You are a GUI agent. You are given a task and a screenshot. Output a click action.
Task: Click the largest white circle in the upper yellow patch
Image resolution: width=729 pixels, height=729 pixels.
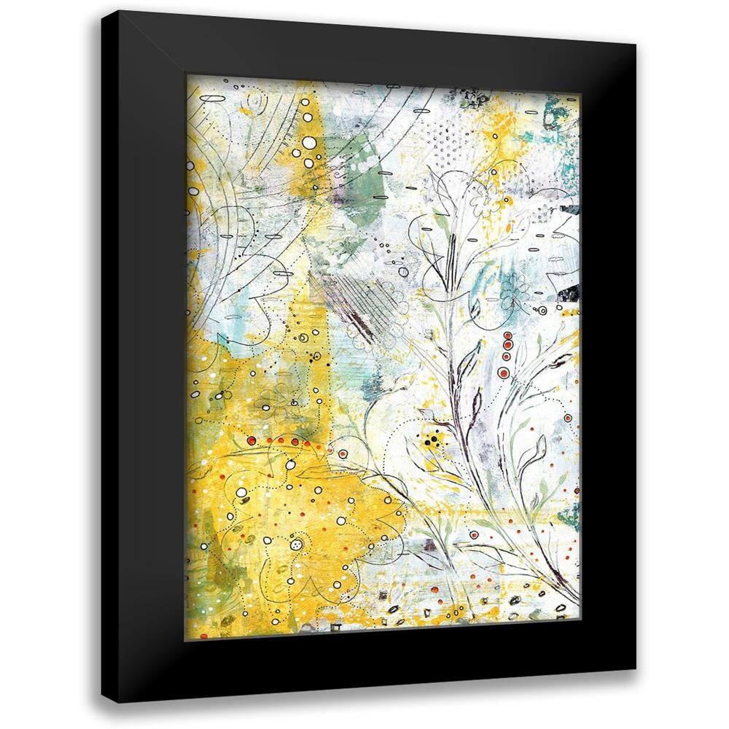(309, 143)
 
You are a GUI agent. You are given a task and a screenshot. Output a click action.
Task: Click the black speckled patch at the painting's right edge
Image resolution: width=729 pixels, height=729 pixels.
(569, 293)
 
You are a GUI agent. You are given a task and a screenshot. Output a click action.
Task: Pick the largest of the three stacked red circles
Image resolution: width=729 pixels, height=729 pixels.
(503, 373)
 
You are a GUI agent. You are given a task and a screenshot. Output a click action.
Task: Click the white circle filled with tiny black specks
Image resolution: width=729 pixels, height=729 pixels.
(296, 545)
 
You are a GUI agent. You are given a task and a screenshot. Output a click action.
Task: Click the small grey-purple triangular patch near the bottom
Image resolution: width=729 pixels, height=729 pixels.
(431, 545)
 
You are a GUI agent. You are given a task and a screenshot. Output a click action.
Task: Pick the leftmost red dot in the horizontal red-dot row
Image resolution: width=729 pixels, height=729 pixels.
(250, 441)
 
